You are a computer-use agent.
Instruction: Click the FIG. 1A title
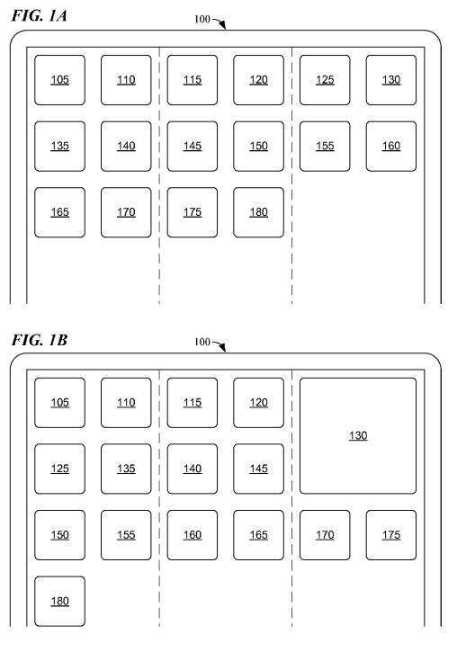[39, 16]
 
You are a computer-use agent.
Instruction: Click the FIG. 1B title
[40, 340]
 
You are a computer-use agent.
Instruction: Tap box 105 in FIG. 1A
[60, 80]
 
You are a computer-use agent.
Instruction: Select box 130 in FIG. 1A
[391, 80]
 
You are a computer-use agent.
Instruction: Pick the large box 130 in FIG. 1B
[358, 436]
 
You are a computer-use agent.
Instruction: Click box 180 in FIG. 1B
[60, 602]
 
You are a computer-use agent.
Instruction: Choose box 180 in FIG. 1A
[259, 212]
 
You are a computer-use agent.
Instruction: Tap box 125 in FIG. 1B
[60, 469]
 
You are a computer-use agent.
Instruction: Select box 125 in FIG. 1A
[325, 80]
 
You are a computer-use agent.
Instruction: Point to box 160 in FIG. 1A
[391, 147]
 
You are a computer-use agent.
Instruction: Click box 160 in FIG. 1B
[193, 535]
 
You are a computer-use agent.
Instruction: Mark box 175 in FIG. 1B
[391, 535]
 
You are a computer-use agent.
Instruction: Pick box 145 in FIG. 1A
[193, 147]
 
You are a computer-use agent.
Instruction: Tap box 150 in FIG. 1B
[60, 535]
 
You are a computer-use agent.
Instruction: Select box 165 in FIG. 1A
[60, 212]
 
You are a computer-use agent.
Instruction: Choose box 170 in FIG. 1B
[325, 535]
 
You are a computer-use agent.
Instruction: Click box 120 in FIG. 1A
[259, 80]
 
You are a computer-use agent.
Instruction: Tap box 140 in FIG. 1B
[193, 469]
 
